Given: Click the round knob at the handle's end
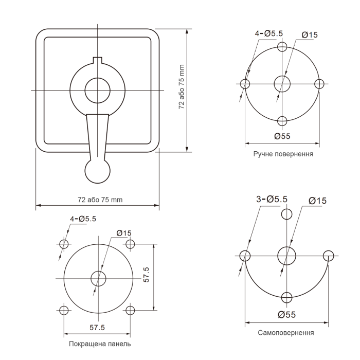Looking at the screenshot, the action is pos(98,171).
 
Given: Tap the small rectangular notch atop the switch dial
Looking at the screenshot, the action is pos(98,60).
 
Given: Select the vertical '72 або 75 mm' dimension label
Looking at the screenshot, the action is pos(182,87).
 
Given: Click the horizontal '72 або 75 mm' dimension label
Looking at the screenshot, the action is pos(100,200).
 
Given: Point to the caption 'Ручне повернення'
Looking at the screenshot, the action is pos(283,154).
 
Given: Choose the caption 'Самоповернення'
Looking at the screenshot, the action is pos(285,333).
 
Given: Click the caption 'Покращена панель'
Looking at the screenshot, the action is pos(100,344).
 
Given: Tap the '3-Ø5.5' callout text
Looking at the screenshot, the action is pos(272,199).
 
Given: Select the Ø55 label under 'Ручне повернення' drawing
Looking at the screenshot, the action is pos(282,136).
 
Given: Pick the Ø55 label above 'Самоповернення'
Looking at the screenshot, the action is pos(287,314).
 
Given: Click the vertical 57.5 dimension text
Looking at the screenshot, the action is pos(146,275).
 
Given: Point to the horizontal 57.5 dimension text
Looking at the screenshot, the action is pos(97,328).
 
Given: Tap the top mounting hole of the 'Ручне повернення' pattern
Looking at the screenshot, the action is pos(282,47).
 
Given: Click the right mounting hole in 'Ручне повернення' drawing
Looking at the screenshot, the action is pos(319,84).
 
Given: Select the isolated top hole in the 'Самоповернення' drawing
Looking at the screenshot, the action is pos(287,214).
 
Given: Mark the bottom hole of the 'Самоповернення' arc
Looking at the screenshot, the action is pos(287,298).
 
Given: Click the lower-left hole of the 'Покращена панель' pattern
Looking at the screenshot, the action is pos(64,310).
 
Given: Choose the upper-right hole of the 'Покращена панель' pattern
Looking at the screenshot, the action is pos(130,244).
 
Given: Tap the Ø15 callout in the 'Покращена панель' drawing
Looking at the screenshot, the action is pos(124,233).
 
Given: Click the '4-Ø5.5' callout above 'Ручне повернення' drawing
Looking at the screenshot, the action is pos(269,33).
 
